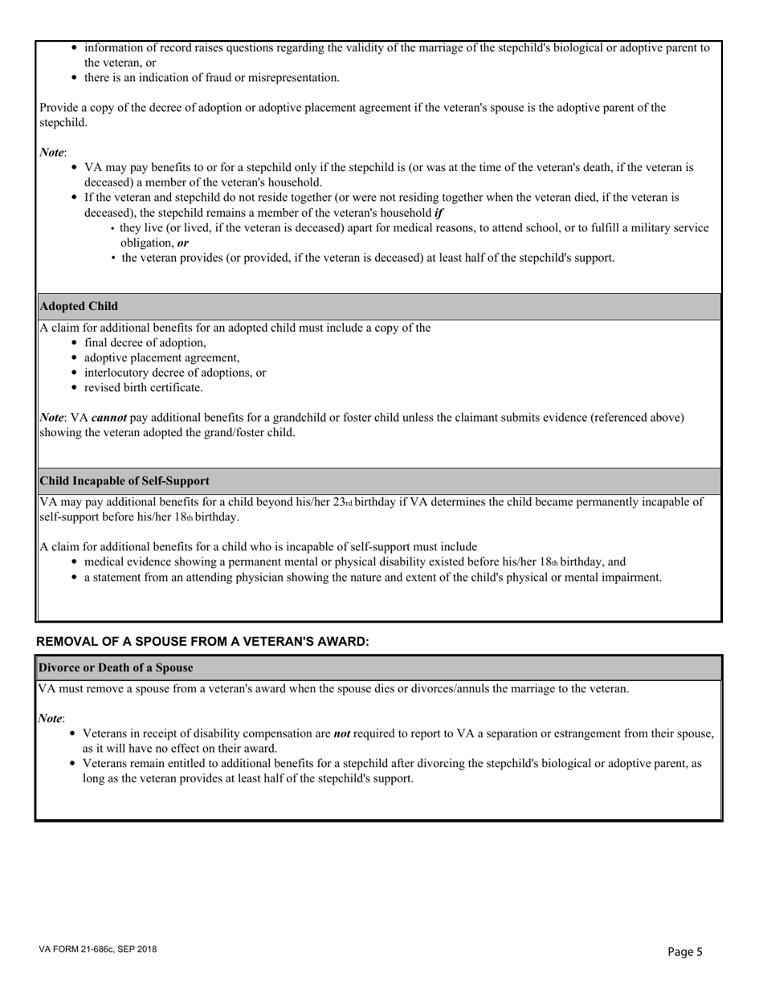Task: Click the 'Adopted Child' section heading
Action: (x=79, y=306)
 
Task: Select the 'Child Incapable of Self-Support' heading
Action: (x=124, y=480)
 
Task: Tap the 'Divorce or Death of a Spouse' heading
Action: (x=116, y=668)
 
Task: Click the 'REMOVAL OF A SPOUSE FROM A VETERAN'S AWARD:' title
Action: (x=202, y=641)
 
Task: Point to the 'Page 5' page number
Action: (x=685, y=952)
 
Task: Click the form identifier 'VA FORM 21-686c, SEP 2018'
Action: (x=97, y=949)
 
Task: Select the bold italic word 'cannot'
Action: (x=108, y=418)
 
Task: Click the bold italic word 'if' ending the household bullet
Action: (x=439, y=213)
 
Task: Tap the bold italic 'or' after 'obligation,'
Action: (x=183, y=243)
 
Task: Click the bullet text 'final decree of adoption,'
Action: (x=145, y=343)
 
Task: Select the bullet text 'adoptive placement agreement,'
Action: (x=161, y=357)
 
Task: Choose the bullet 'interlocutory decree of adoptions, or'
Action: (x=175, y=373)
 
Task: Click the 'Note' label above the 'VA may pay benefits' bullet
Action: (x=51, y=153)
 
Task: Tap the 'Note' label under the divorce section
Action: (x=51, y=718)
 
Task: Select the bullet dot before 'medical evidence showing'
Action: (x=75, y=562)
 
